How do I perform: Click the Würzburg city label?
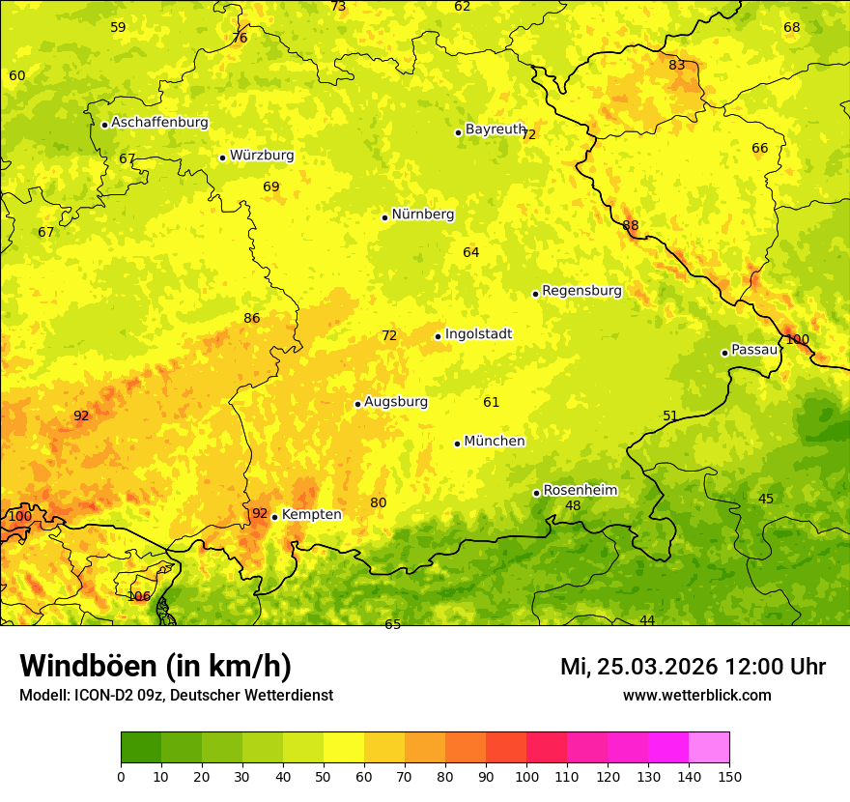pos(262,156)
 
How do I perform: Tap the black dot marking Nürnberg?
pos(384,217)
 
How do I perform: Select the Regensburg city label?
pos(581,291)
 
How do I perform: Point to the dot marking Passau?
pos(724,353)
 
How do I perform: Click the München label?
pos(495,442)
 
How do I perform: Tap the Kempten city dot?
pos(274,517)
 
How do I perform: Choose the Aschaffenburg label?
pos(159,123)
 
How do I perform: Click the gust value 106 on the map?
pos(139,596)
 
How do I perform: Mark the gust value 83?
pos(677,66)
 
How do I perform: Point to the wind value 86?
pos(252,318)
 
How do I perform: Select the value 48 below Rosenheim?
pos(573,505)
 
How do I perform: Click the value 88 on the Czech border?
pos(631,226)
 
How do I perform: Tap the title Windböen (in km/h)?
pos(156,666)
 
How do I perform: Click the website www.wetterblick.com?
pos(696,696)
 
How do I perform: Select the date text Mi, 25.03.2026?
pos(638,667)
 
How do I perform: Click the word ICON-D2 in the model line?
pos(95,696)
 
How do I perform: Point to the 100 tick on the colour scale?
pos(526,776)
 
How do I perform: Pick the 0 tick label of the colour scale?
pos(121,776)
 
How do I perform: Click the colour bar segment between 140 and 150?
pos(709,748)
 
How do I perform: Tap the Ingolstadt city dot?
pos(438,336)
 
